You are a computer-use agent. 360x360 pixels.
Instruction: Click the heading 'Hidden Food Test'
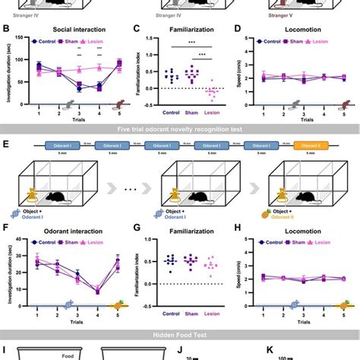pos(180,334)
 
